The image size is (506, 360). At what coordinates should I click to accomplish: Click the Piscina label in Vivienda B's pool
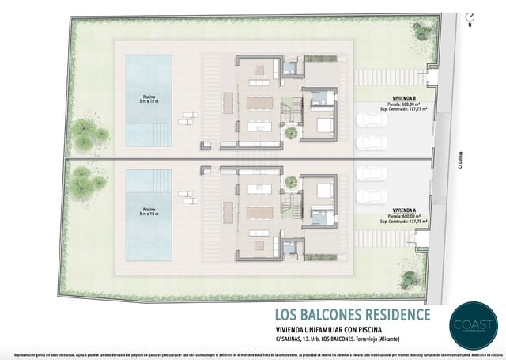click(146, 97)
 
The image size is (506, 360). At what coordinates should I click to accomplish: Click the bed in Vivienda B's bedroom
click(324, 124)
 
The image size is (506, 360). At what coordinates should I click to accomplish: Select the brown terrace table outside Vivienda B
click(229, 102)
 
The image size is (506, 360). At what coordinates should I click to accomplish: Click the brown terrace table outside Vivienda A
click(229, 214)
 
